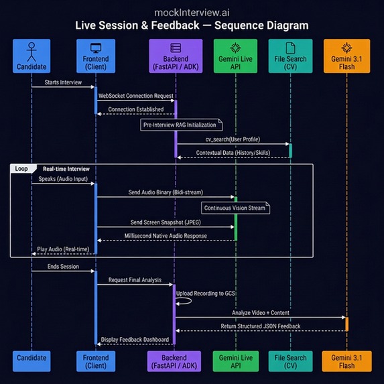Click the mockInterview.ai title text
click(192, 12)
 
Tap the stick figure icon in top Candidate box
click(31, 50)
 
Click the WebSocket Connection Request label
click(136, 97)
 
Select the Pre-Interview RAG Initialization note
click(181, 125)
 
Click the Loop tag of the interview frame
click(22, 169)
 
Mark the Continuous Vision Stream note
click(235, 208)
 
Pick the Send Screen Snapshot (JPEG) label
click(166, 222)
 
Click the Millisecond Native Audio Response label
click(166, 236)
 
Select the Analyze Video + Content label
click(260, 312)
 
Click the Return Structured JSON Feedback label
click(260, 326)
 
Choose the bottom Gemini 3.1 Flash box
click(346, 361)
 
